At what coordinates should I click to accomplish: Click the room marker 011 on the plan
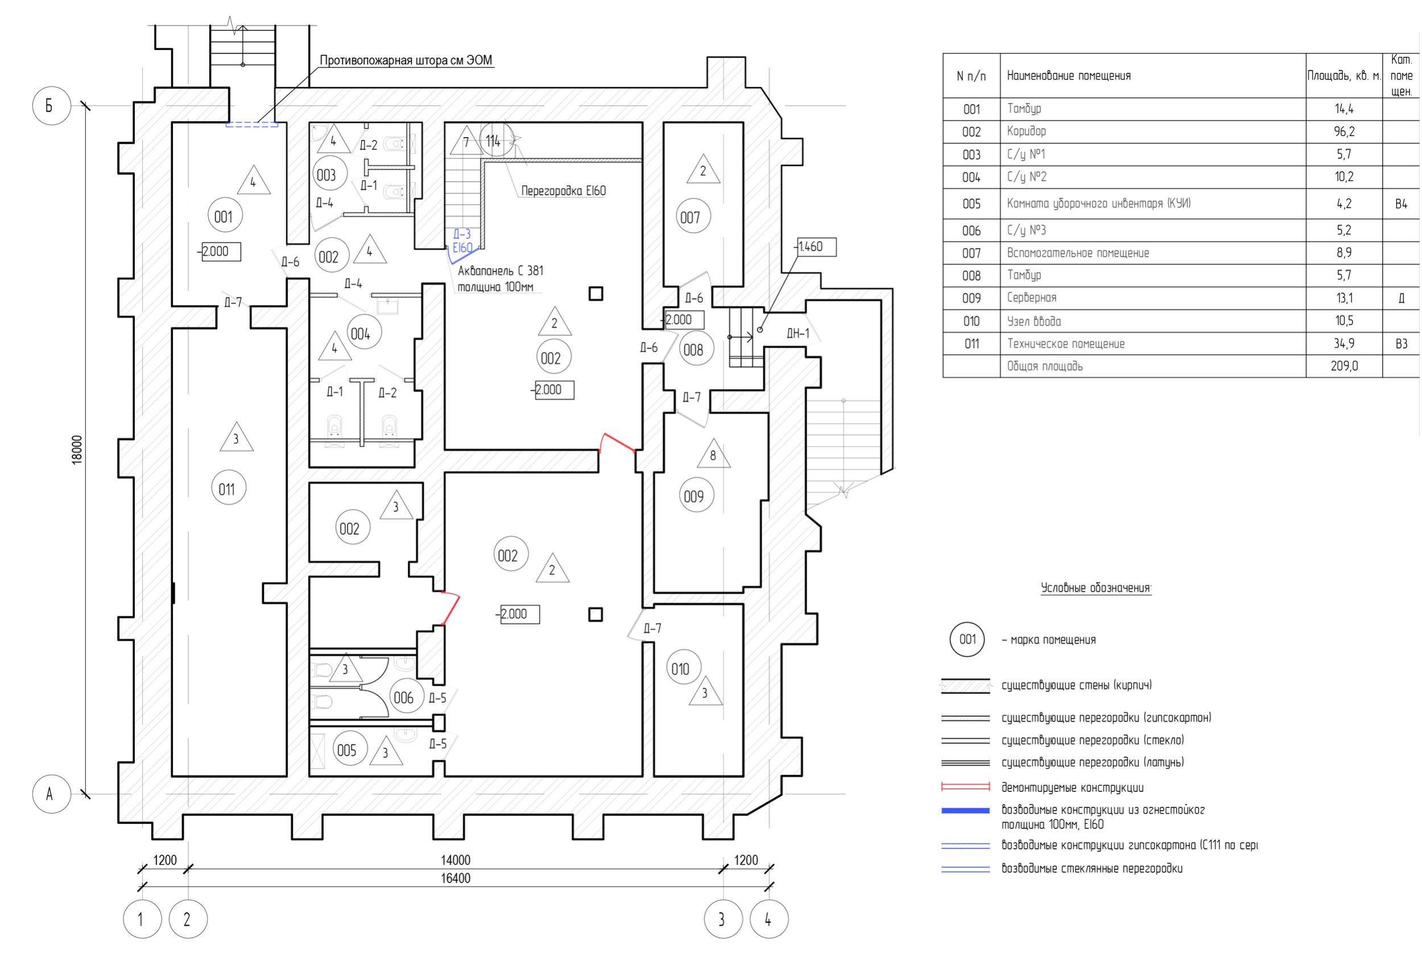(227, 488)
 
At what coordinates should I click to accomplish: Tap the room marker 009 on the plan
(693, 496)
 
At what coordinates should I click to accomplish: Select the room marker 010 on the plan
(680, 668)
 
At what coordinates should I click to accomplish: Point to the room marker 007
(690, 217)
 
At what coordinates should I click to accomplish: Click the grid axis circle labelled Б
(51, 106)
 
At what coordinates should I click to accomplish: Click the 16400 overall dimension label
(455, 878)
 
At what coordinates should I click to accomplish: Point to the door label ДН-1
(797, 333)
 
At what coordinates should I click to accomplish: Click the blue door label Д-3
(462, 234)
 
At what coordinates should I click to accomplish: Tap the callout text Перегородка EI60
(563, 190)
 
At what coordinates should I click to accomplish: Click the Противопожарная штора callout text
(406, 60)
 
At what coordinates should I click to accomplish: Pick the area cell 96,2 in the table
(1344, 131)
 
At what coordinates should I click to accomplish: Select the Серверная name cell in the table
(1032, 298)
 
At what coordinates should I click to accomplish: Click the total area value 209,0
(1344, 366)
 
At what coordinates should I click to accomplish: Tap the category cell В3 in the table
(1401, 343)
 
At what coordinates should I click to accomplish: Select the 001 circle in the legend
(967, 640)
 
